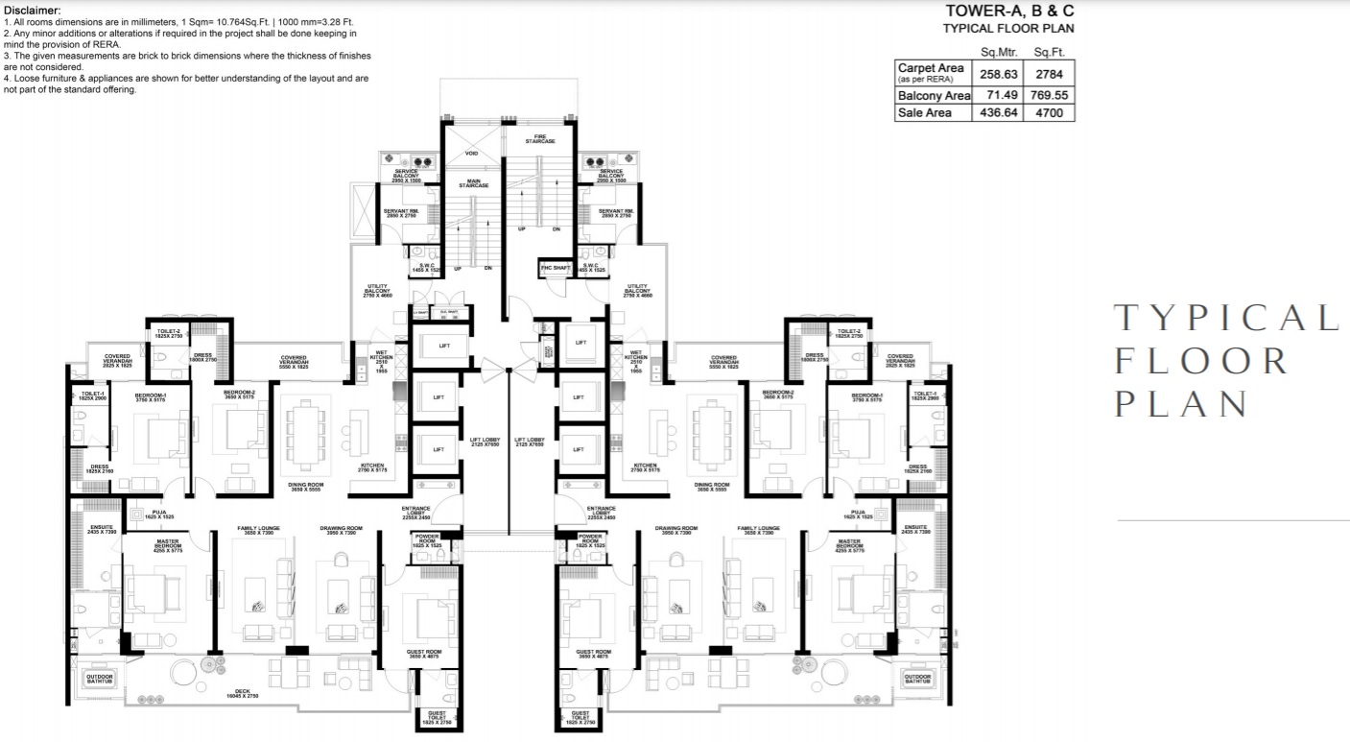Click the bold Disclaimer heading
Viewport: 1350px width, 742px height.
pos(33,10)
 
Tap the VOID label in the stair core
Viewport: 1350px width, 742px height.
pos(471,154)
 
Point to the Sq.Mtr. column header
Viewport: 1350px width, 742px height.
pos(998,52)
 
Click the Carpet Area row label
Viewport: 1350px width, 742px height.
pos(931,69)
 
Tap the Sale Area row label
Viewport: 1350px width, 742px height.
pos(925,112)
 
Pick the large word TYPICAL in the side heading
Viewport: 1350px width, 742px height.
pos(1225,318)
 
